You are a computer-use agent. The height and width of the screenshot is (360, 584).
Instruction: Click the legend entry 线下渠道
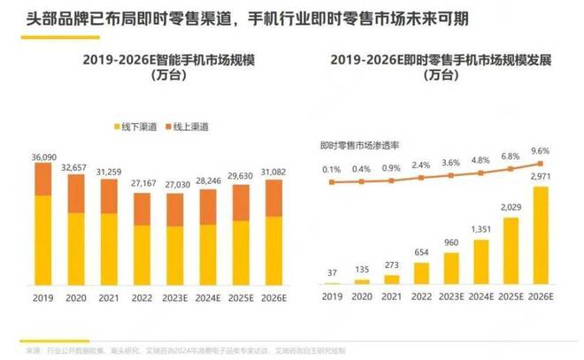(134, 128)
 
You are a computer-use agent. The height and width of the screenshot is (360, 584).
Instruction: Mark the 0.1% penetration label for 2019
(332, 170)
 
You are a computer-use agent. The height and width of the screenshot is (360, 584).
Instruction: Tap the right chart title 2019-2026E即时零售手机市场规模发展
(441, 60)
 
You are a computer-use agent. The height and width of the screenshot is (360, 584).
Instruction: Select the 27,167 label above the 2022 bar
(142, 184)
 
